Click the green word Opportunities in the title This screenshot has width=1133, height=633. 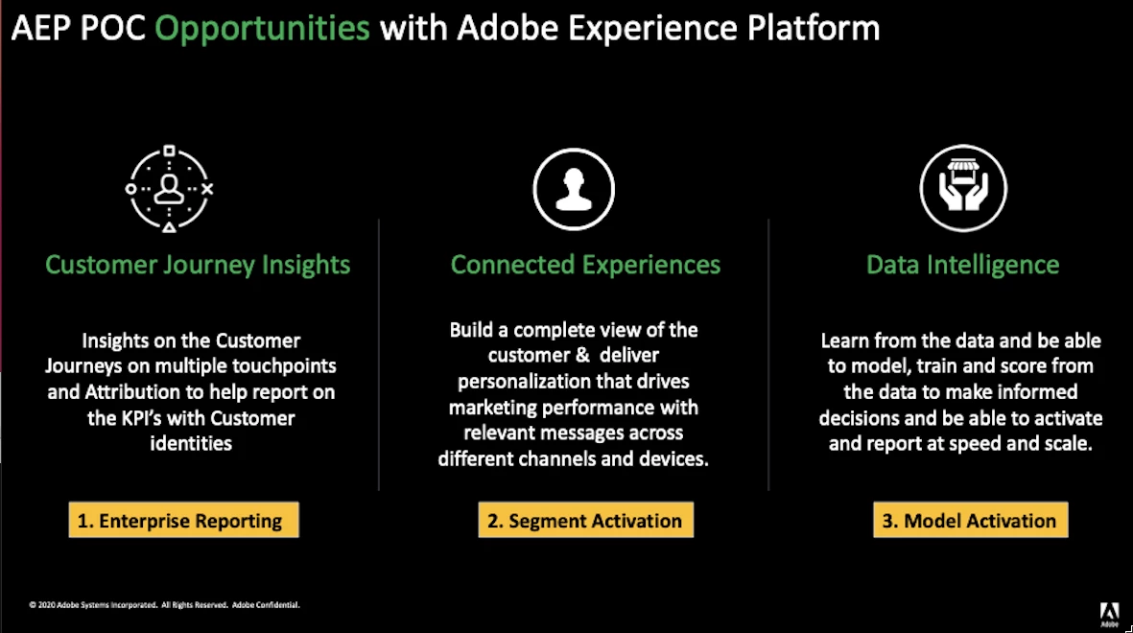click(262, 29)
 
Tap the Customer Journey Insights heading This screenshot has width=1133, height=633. click(198, 266)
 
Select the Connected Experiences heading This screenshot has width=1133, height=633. click(585, 266)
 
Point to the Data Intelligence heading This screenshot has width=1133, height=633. click(962, 266)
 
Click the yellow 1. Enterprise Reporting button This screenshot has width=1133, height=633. click(183, 520)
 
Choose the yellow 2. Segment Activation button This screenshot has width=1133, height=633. click(586, 520)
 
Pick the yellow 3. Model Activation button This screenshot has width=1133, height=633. click(971, 520)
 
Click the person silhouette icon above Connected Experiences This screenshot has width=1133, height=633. click(574, 189)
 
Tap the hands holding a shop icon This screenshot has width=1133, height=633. click(963, 189)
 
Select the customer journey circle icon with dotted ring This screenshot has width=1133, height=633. click(169, 189)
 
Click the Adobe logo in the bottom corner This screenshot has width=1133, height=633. click(1109, 614)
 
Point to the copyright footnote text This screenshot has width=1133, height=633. click(164, 605)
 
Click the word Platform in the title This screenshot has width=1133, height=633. click(814, 29)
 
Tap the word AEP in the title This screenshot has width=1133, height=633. click(39, 29)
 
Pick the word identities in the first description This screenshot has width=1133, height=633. click(191, 444)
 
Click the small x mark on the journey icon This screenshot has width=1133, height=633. click(207, 189)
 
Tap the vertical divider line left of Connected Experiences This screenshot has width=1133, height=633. click(379, 355)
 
